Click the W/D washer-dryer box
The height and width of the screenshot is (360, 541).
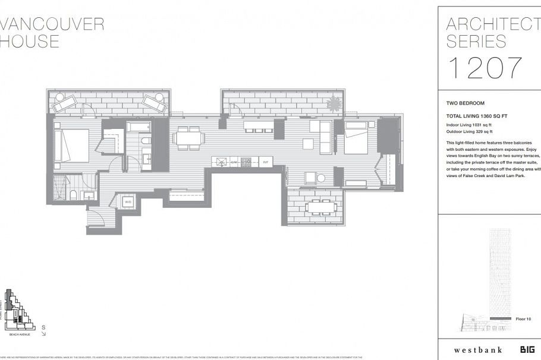128,203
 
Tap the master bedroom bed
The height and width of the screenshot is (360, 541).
72,146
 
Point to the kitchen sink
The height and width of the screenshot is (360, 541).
221,161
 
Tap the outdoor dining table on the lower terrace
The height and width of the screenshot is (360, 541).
321,207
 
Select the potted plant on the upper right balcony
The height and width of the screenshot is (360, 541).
334,105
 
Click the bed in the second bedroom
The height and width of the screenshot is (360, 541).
357,141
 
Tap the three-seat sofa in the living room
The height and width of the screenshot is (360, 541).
325,137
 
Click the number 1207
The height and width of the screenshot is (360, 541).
484,68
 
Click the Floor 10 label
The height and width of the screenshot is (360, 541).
523,319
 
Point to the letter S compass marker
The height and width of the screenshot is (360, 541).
43,327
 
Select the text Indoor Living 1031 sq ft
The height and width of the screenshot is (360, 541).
470,125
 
